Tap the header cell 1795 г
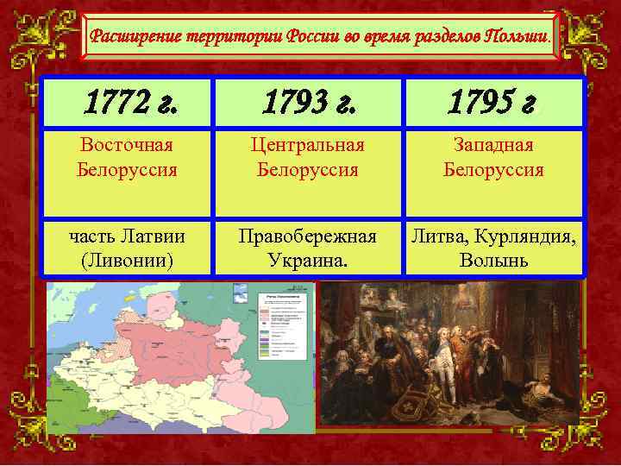click(493, 104)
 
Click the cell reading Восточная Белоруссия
click(126, 157)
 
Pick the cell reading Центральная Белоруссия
click(308, 157)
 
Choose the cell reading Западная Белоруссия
click(493, 157)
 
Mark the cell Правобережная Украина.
click(308, 246)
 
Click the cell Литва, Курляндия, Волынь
click(493, 246)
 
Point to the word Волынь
click(493, 259)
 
